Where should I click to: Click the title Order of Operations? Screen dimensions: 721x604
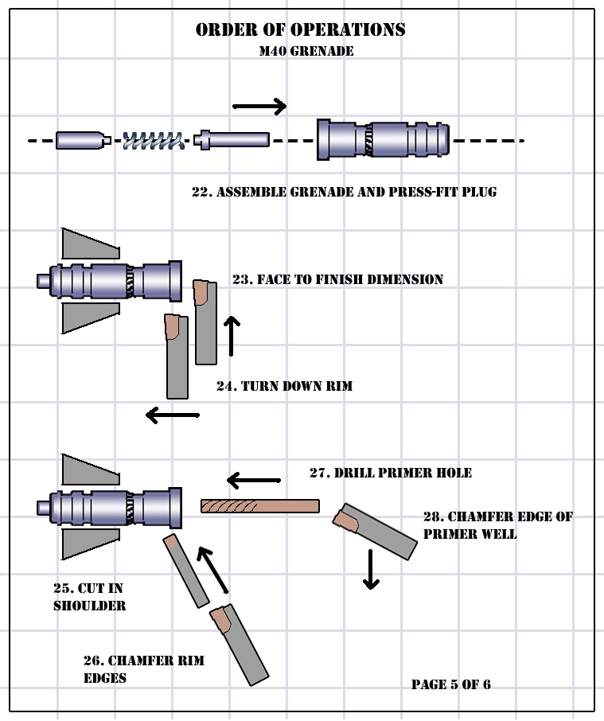[300, 30]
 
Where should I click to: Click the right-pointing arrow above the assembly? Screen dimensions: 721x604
[259, 106]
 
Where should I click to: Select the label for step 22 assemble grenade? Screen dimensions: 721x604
[344, 192]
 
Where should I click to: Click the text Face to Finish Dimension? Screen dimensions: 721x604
[337, 279]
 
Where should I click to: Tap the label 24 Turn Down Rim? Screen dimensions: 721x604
[284, 386]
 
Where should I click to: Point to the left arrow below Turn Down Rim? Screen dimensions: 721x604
[172, 415]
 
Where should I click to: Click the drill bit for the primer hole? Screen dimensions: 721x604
[259, 505]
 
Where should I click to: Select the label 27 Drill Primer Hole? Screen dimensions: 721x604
[390, 473]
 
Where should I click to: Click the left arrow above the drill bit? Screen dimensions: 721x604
[254, 480]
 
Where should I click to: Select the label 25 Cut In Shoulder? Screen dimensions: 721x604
[88, 597]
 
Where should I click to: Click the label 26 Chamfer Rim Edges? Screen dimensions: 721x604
[144, 669]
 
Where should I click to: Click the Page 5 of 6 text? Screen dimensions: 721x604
[450, 684]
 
